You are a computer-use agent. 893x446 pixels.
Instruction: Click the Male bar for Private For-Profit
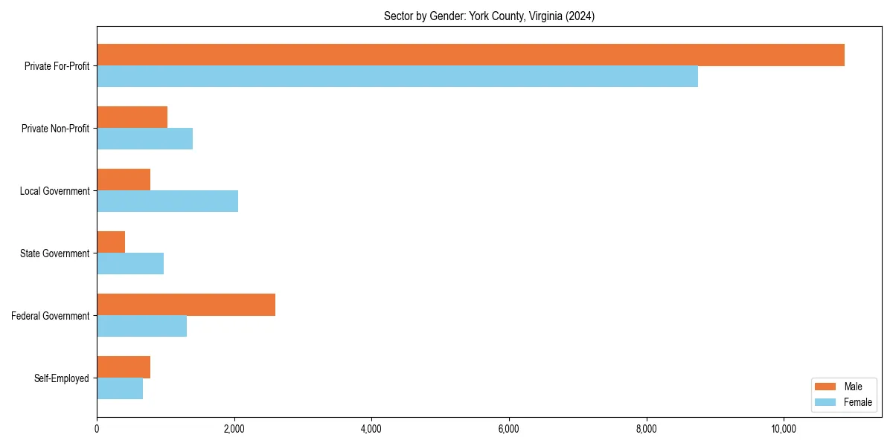(470, 55)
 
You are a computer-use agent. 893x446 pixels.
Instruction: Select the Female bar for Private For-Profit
(397, 77)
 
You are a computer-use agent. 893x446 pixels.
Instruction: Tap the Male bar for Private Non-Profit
(132, 117)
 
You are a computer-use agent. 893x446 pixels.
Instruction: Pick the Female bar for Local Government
(167, 201)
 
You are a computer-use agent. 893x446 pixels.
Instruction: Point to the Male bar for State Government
(111, 242)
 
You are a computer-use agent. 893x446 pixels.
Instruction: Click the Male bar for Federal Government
(186, 305)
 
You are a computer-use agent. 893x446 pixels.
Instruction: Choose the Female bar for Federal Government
(141, 326)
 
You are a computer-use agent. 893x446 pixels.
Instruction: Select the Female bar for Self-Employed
(120, 389)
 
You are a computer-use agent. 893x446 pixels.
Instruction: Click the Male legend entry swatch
(825, 387)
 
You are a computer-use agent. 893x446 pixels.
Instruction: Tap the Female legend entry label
(857, 402)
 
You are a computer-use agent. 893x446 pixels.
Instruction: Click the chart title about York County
(489, 16)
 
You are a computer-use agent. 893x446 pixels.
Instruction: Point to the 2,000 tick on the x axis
(234, 429)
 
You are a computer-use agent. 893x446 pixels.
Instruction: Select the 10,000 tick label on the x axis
(784, 429)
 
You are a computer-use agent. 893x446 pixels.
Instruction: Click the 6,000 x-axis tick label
(509, 429)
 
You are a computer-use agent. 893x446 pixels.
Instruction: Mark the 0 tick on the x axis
(97, 429)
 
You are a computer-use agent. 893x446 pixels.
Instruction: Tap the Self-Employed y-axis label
(62, 378)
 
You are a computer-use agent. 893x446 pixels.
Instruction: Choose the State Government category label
(55, 253)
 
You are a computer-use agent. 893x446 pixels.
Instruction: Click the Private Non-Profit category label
(55, 129)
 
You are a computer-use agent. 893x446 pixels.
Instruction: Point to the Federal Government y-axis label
(51, 316)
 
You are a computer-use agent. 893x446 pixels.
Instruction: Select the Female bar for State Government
(130, 264)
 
